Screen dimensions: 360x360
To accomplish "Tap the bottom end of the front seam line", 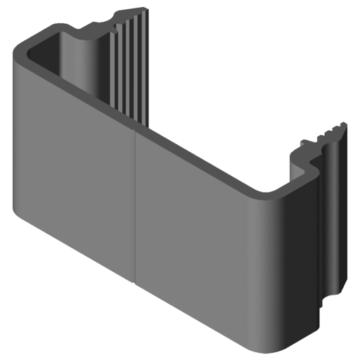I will point(134,283).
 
